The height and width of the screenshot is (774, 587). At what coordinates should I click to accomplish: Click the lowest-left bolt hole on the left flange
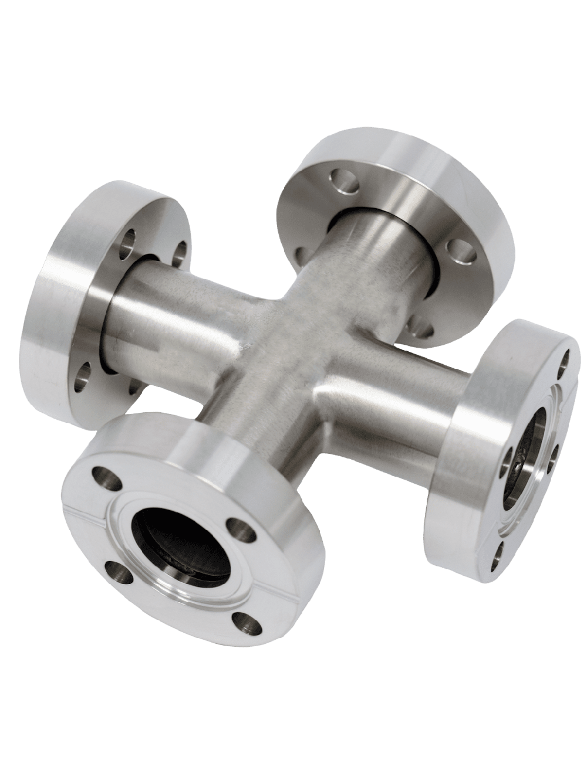(83, 376)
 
